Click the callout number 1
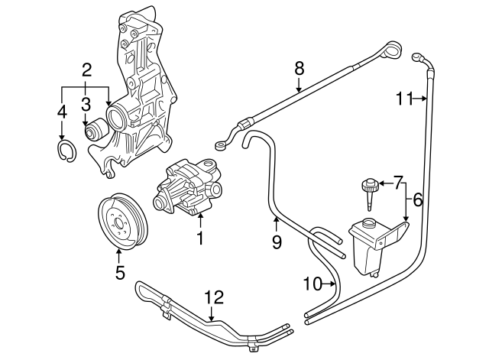[x=199, y=238]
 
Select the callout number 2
[x=86, y=72]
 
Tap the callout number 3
[x=86, y=103]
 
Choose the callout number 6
[x=417, y=201]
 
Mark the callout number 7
[x=397, y=183]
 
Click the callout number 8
[x=299, y=68]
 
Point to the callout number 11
[x=404, y=97]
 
